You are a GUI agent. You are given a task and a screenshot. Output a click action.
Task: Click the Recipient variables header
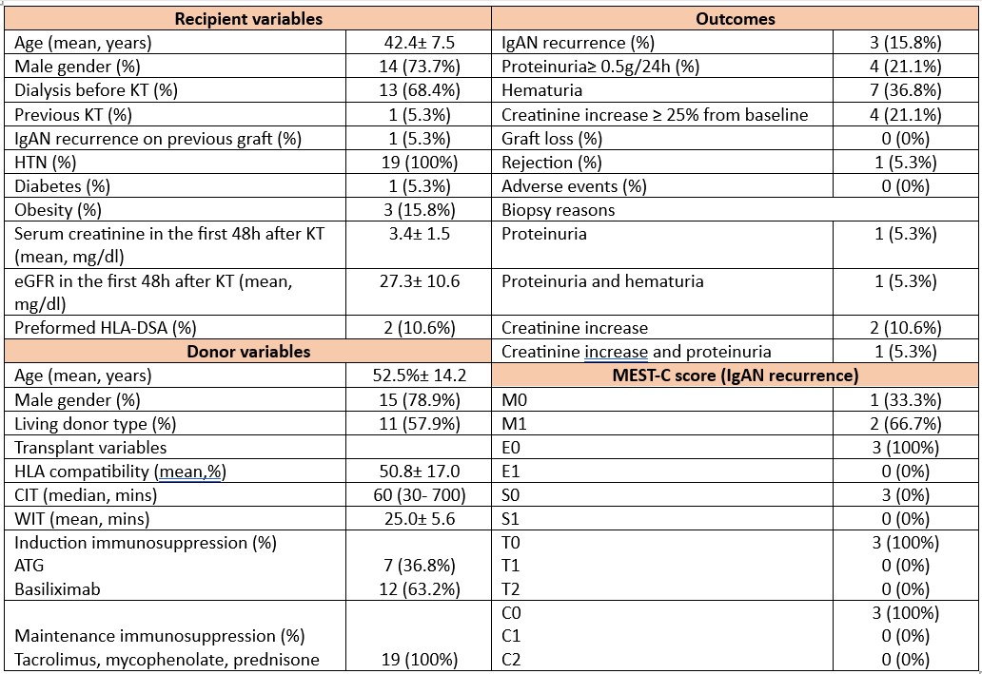click(x=246, y=18)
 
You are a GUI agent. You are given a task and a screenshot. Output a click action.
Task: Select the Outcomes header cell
click(x=735, y=18)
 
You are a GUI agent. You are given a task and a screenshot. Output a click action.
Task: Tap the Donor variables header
click(x=246, y=351)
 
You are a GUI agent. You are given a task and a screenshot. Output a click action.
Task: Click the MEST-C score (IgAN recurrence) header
click(x=735, y=375)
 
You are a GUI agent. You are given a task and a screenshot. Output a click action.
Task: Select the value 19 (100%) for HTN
click(x=421, y=162)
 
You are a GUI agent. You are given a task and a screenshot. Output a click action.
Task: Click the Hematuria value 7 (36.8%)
click(x=905, y=90)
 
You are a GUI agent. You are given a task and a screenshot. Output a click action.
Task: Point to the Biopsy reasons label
click(x=558, y=209)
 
